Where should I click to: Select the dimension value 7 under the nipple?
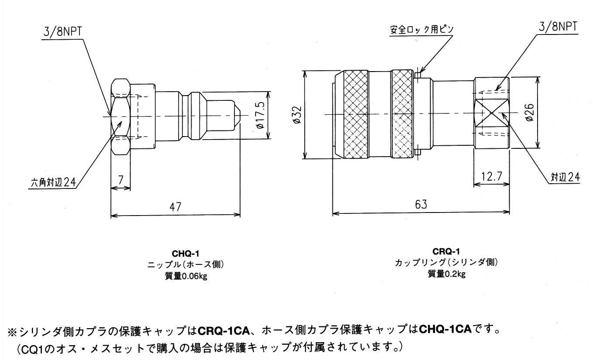click(120, 179)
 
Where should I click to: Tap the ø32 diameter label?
click(298, 115)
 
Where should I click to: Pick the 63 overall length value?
click(421, 204)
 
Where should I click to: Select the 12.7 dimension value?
click(492, 176)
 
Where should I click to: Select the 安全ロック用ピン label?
click(422, 29)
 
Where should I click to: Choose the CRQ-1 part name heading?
click(446, 251)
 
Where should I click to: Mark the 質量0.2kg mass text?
click(446, 274)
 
